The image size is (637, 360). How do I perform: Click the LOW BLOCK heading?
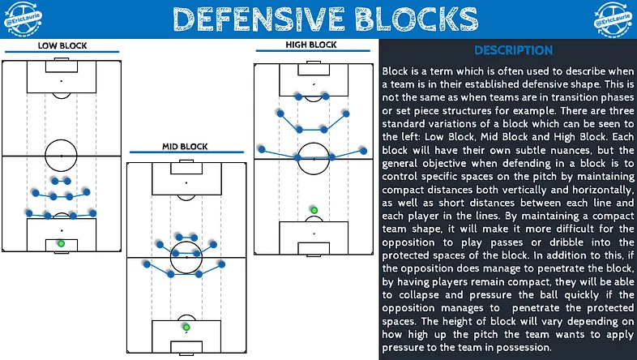(62, 45)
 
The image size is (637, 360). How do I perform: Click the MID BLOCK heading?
(185, 146)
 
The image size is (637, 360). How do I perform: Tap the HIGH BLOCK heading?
(311, 45)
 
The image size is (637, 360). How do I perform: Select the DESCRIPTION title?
(514, 50)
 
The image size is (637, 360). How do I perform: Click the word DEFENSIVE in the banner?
(259, 19)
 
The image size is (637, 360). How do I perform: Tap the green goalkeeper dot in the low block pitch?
(61, 243)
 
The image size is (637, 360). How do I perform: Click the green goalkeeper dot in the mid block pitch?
(186, 327)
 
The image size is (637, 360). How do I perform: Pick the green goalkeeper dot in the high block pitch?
(314, 210)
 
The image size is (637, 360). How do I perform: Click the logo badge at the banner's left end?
(23, 19)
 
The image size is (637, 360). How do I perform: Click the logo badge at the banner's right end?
(613, 19)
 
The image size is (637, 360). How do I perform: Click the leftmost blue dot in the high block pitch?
(262, 149)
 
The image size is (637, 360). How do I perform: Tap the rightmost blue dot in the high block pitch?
(364, 151)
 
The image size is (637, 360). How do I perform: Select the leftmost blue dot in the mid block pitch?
(147, 264)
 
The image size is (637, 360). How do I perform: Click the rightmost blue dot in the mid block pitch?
(221, 264)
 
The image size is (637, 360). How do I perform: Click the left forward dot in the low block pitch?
(55, 181)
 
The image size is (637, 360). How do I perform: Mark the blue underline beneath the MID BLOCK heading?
(186, 152)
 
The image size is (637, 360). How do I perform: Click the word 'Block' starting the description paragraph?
(395, 71)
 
